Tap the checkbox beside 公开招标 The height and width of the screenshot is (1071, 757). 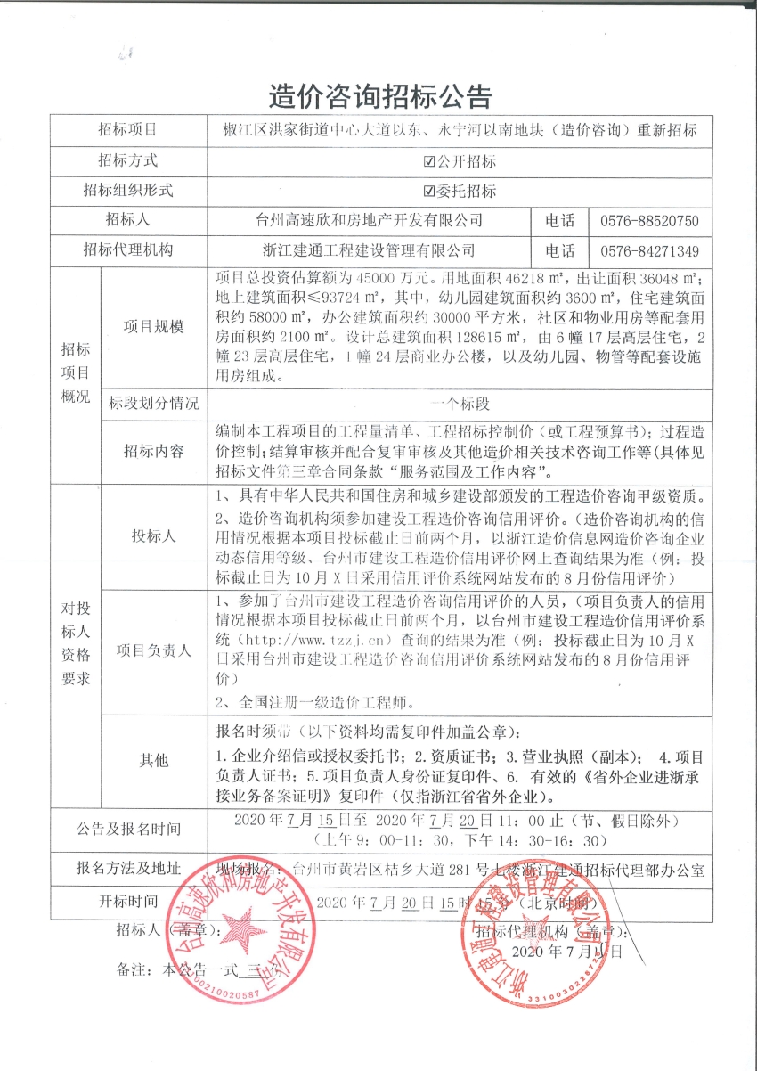(x=430, y=161)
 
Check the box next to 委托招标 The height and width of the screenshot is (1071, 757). (x=430, y=191)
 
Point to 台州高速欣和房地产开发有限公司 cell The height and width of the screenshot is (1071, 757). (x=368, y=220)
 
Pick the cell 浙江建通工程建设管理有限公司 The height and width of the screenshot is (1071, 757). (x=368, y=250)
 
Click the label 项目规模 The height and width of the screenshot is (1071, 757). (x=153, y=327)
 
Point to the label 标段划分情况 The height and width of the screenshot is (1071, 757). (x=153, y=403)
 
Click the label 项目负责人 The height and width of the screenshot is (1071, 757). (x=153, y=650)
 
